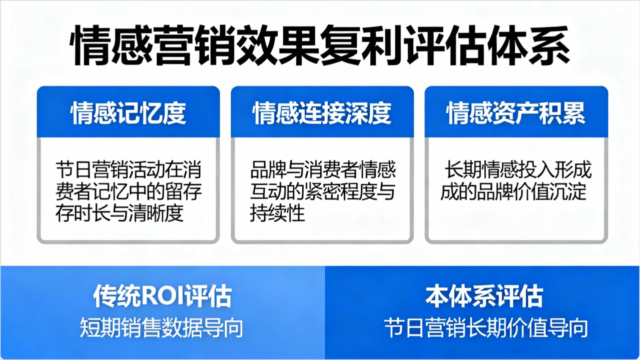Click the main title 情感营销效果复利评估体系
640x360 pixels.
pos(320,45)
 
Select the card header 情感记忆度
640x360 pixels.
pos(128,113)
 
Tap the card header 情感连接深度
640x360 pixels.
pos(322,113)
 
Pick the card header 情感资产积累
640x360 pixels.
pos(516,113)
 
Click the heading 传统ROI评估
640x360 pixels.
pos(162,296)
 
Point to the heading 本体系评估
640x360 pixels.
pos(484,296)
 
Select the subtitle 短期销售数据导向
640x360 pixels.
pos(162,327)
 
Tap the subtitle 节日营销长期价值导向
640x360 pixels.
pos(486,327)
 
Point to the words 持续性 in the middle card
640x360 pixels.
pos(277,213)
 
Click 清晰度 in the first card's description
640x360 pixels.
pos(156,213)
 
